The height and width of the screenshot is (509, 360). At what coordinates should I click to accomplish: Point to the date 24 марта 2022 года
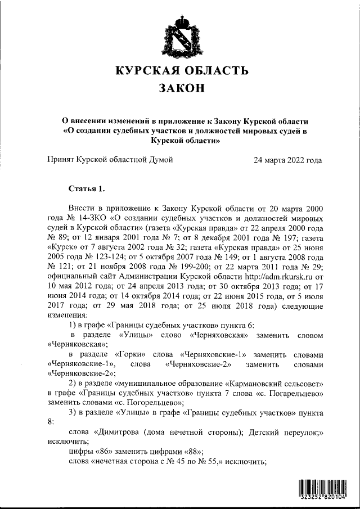coord(288,160)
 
